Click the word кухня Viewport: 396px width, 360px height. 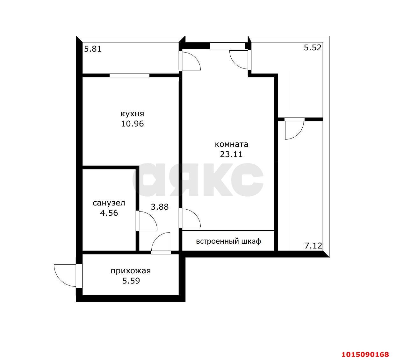132,114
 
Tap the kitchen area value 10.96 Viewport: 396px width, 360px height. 132,124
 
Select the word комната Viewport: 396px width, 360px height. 231,144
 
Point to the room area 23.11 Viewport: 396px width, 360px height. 231,154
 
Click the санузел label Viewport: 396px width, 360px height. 109,203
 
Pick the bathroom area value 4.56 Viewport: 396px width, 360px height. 109,213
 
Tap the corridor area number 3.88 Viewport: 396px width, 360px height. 160,207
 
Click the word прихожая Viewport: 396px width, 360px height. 131,271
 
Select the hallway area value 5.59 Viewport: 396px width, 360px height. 131,281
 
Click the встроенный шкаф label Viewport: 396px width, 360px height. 229,241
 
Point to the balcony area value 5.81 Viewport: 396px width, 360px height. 93,49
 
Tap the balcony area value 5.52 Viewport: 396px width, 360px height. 313,47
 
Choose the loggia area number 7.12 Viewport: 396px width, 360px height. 313,246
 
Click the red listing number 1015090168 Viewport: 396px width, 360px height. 365,355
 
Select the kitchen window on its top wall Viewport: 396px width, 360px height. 129,75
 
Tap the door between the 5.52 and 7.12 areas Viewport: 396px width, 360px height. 294,129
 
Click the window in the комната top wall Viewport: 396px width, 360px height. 227,46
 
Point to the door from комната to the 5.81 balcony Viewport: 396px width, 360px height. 190,61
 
